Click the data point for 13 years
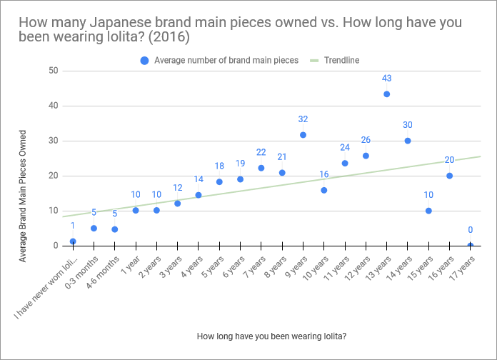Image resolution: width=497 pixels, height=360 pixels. click(x=386, y=94)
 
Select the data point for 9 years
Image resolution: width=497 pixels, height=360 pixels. click(x=303, y=134)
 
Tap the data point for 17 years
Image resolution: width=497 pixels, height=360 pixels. click(x=470, y=245)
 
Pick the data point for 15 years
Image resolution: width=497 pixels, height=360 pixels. click(x=428, y=211)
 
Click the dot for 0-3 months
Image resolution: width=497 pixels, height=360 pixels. click(x=94, y=229)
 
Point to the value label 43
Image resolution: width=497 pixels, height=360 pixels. click(x=386, y=79)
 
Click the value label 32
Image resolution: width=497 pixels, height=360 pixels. click(x=303, y=119)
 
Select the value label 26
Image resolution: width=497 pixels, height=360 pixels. click(x=366, y=140)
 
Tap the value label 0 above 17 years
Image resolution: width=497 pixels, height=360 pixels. click(x=470, y=230)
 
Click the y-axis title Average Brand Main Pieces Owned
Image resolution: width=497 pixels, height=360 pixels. click(x=23, y=195)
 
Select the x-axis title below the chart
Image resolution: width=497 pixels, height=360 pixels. click(x=271, y=336)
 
